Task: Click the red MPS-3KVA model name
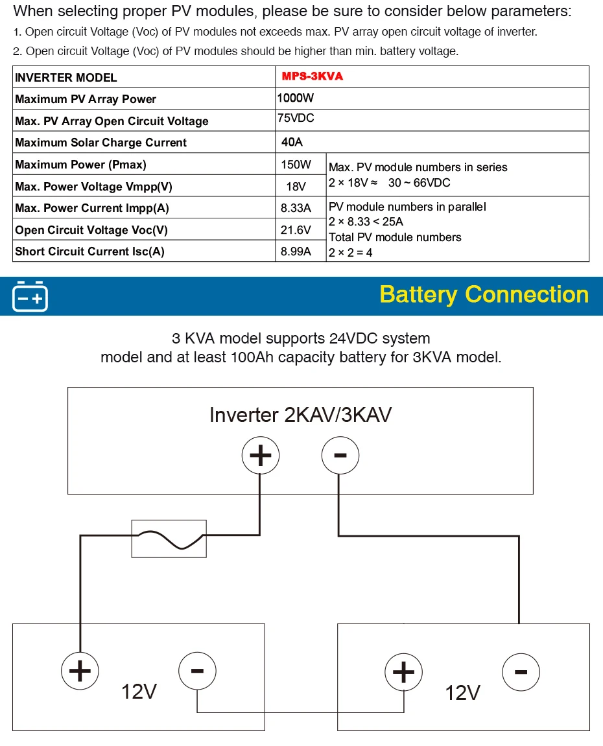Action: coord(312,76)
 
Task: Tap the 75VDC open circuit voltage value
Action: coord(296,119)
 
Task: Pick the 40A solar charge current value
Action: coord(292,143)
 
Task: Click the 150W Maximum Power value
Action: coord(296,165)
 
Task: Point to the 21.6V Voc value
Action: coord(296,230)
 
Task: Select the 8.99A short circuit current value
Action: coord(296,251)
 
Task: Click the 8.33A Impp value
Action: coord(296,208)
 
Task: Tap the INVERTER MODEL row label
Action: coord(66,78)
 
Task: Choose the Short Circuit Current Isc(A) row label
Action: coord(89,251)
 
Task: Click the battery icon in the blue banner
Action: coord(30,296)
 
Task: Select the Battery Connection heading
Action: coord(484,294)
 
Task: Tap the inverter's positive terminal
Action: coord(261,456)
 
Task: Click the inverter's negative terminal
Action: coord(340,456)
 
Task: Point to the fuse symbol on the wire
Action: coord(169,538)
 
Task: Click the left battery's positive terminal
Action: coord(80,670)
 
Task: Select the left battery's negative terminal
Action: coord(197,670)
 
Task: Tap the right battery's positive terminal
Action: coord(403,671)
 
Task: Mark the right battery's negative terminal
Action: coord(521,671)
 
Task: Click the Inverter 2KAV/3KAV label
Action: coord(300,415)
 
